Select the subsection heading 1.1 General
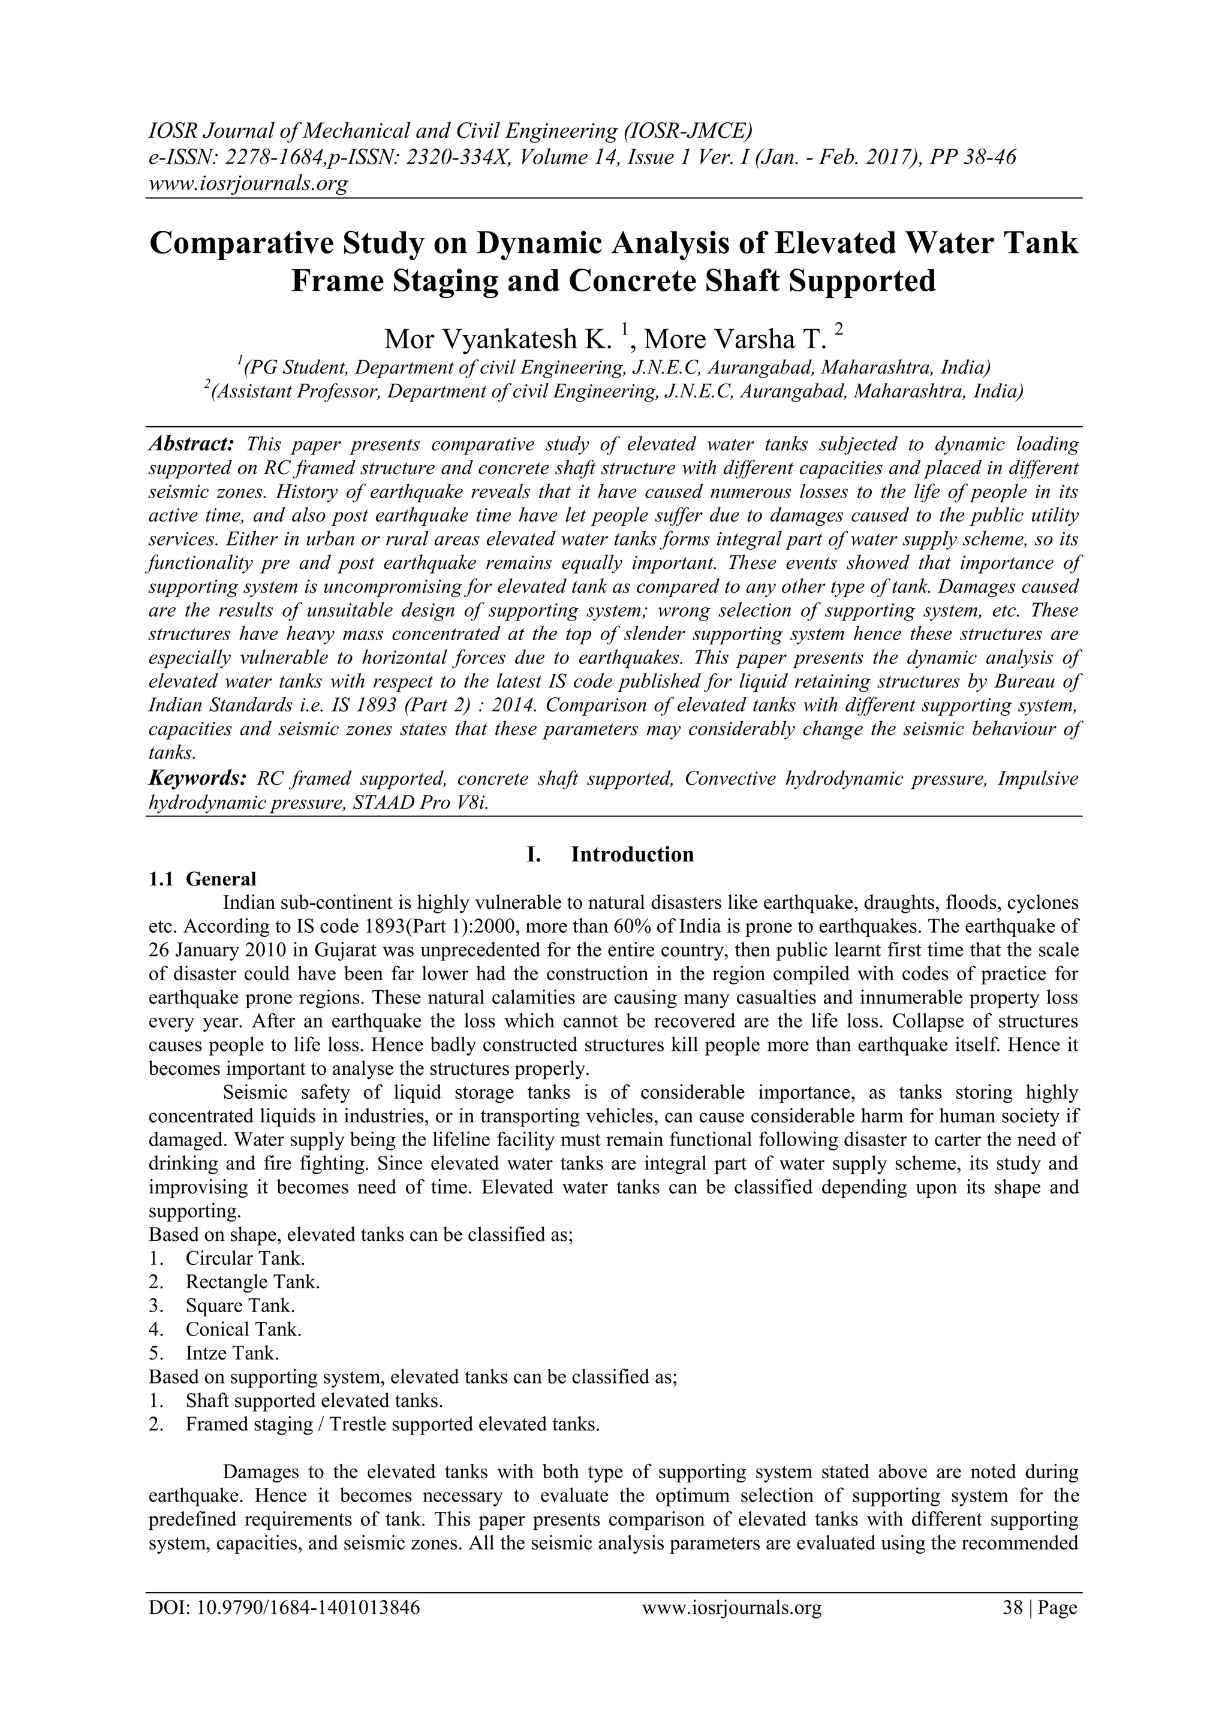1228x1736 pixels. [x=202, y=879]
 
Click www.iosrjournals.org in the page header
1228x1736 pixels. [x=247, y=183]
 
